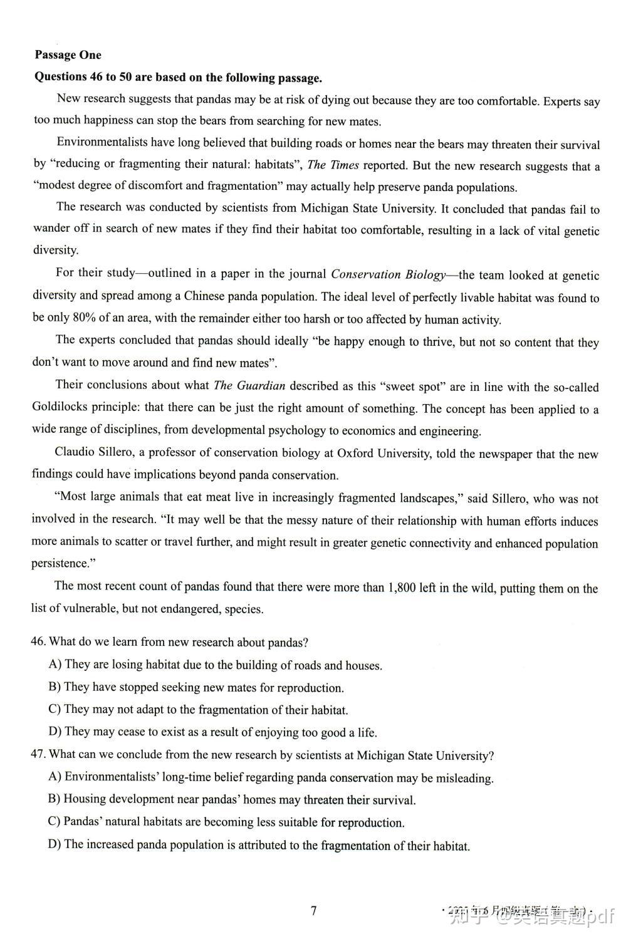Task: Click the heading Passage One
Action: [68, 55]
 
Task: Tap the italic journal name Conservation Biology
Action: [389, 274]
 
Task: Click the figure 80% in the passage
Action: [84, 318]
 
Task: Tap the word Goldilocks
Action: [60, 408]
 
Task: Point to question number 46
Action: [38, 641]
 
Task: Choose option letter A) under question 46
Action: [55, 664]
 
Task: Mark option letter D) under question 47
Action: [55, 844]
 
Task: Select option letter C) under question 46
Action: [55, 709]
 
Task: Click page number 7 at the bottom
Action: [314, 911]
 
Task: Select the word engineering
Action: [449, 431]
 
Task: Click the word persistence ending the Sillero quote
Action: [60, 564]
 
